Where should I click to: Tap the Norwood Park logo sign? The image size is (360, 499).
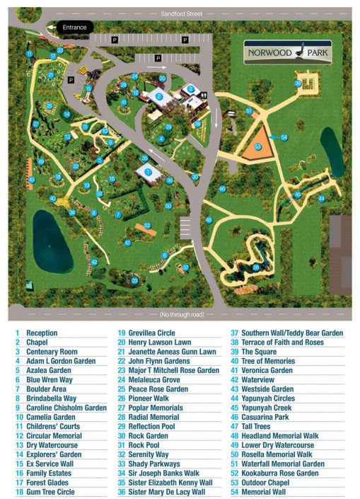click(x=288, y=52)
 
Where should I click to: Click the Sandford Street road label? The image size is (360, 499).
click(x=180, y=12)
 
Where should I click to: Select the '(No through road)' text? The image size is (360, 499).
click(x=183, y=314)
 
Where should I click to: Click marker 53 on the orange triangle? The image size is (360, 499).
click(x=258, y=147)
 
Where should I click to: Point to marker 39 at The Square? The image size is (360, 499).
click(x=298, y=84)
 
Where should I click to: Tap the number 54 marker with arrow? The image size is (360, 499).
click(x=284, y=137)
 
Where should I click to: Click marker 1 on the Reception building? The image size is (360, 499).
click(x=148, y=171)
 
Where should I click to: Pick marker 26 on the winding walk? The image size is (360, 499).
click(x=255, y=267)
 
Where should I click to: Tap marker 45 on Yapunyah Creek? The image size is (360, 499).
click(x=298, y=195)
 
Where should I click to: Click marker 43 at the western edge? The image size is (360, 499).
click(x=32, y=180)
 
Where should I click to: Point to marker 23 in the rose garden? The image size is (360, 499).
click(x=134, y=281)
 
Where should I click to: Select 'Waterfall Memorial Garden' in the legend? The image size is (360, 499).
click(x=281, y=464)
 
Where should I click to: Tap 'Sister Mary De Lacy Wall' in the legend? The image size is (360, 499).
click(x=167, y=491)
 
